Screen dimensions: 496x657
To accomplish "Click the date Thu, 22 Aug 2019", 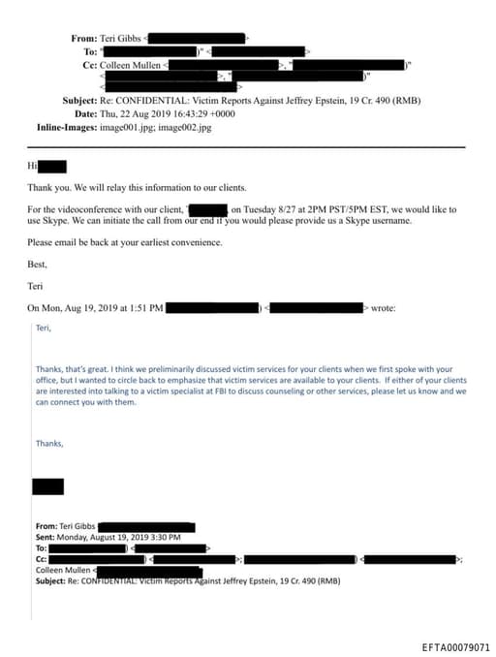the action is [132, 114].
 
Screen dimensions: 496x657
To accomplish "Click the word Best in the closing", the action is [38, 263].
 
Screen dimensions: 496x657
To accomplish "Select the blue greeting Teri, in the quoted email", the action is [42, 328].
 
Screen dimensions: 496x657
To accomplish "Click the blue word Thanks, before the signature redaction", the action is [48, 443].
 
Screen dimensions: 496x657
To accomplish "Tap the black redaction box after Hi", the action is [53, 167].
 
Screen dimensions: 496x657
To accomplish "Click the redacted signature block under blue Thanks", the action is [47, 486].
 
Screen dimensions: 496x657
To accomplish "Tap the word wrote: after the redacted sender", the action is [382, 308].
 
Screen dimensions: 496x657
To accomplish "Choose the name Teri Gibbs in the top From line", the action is [120, 39].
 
